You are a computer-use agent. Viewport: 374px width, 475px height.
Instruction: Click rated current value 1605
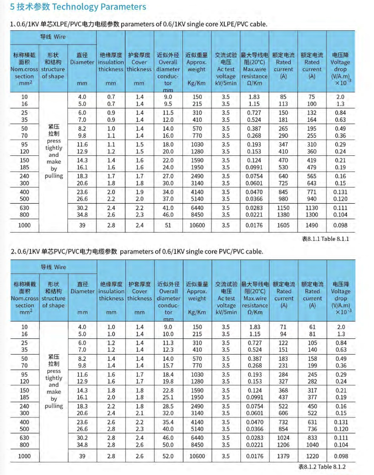[283, 225]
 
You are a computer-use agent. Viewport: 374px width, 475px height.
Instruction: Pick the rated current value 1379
[283, 456]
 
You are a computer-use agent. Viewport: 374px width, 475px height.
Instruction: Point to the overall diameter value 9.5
[168, 104]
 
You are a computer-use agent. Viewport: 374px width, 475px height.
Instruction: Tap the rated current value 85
[283, 96]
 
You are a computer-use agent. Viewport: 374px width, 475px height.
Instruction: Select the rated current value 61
[312, 327]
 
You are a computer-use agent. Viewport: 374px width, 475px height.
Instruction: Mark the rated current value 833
[312, 438]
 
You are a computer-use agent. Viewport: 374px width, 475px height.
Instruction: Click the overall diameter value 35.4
[168, 422]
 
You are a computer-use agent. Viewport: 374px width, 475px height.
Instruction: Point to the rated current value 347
[283, 144]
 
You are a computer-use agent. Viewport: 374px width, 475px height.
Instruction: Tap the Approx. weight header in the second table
[197, 295]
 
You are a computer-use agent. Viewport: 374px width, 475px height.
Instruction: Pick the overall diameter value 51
[168, 225]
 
